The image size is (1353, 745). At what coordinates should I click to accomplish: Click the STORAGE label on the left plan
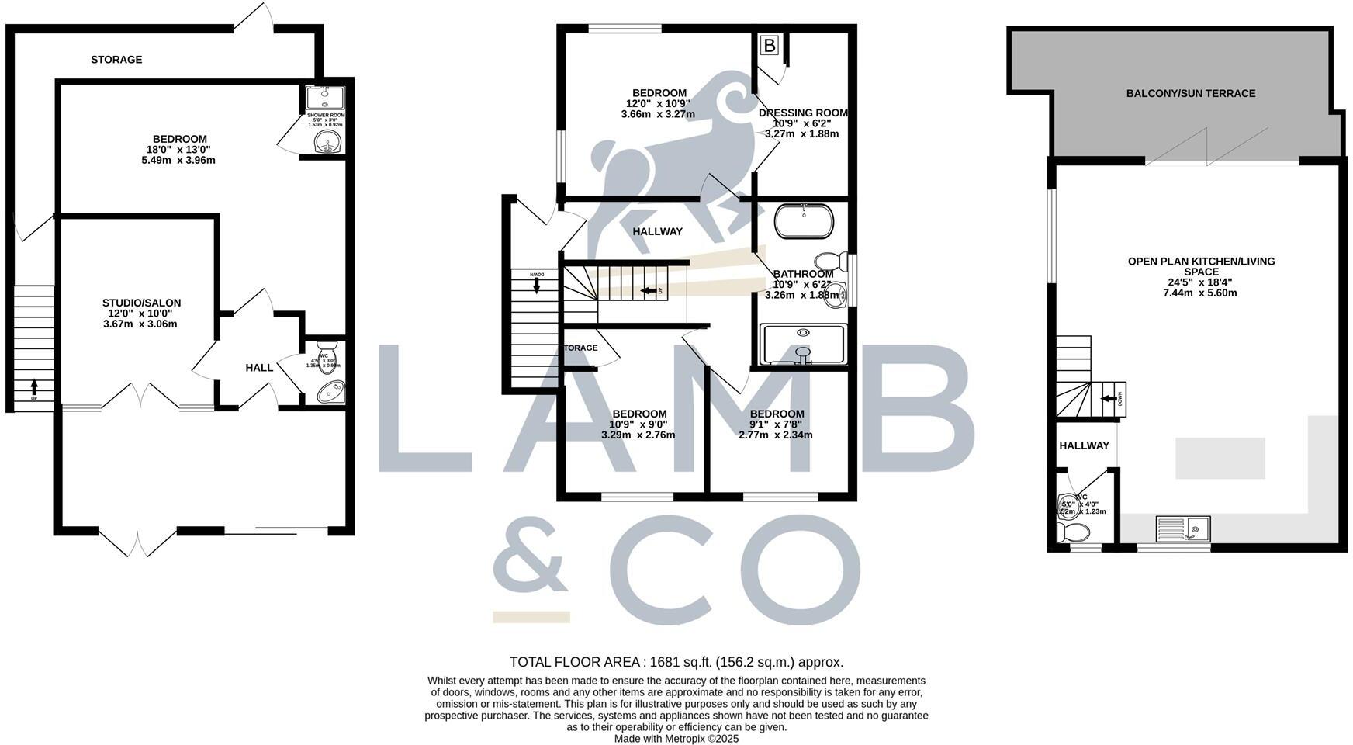coord(116,60)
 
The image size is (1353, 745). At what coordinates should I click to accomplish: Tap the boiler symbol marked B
coord(769,46)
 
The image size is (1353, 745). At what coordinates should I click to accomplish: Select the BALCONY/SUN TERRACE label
coord(1190,94)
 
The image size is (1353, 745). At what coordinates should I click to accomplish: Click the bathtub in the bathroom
coord(805,221)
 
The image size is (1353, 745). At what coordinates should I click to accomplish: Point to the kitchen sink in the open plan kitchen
coord(1182,529)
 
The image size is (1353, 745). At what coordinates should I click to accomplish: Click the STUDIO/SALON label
coord(141,303)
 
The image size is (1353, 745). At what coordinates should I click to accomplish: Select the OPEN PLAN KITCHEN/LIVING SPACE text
coord(1201,267)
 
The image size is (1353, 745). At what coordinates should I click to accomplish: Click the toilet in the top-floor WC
coord(1074,532)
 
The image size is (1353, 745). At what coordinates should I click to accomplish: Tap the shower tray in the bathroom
coord(804,344)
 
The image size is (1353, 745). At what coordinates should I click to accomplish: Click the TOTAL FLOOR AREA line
coord(676,662)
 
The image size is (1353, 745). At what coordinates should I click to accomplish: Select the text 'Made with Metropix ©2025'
coord(676,739)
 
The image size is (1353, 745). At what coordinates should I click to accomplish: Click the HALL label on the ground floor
coord(259,368)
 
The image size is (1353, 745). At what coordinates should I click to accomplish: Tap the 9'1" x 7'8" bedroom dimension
coord(776,424)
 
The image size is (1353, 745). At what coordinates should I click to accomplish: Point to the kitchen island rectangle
coord(1220,458)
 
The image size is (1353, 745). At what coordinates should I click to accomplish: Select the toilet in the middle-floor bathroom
coord(832,261)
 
